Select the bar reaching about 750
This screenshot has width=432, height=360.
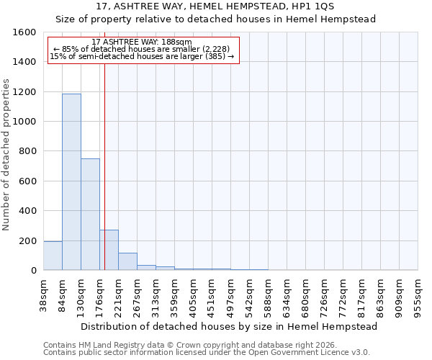coord(90,215)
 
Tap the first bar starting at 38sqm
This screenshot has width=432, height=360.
coord(53,256)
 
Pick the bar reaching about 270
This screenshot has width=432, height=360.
coord(109,251)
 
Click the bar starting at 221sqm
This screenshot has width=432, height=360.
coord(127,262)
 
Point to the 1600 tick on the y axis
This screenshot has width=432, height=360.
coord(27,32)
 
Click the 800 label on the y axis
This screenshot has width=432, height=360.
coord(27,151)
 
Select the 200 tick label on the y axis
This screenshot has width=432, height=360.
coord(27,240)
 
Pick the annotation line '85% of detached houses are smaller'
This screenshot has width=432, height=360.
coord(141,49)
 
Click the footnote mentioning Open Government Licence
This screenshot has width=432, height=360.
coord(207,353)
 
